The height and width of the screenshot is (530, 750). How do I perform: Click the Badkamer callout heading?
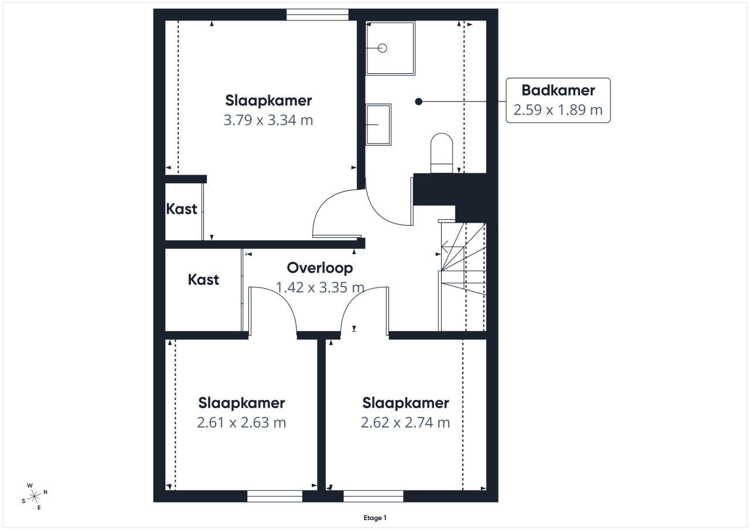[x=558, y=90]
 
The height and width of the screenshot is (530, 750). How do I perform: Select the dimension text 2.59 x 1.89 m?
[x=558, y=110]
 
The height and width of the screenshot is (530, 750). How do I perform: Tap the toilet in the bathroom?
[x=442, y=153]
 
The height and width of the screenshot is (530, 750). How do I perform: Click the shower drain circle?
[x=383, y=48]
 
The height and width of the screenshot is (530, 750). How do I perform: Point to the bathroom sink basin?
[x=379, y=125]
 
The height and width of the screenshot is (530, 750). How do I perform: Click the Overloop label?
[x=320, y=268]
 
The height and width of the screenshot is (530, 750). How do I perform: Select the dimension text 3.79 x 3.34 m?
[x=268, y=120]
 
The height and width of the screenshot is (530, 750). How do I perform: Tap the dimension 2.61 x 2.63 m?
[x=241, y=423]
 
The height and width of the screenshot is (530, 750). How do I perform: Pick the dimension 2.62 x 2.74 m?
[x=405, y=423]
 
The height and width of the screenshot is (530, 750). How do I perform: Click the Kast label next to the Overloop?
[x=203, y=280]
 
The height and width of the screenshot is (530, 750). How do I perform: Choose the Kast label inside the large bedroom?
[x=182, y=209]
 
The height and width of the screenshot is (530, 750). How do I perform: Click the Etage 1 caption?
[x=375, y=518]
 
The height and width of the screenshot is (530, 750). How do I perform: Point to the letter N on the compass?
[x=46, y=492]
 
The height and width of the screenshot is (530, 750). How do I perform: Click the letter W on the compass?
[x=30, y=485]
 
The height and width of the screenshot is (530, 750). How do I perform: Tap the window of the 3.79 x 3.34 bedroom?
[x=318, y=15]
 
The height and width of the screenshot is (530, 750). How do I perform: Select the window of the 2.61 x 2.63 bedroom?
[x=275, y=496]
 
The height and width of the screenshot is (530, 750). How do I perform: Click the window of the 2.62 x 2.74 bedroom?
[x=373, y=496]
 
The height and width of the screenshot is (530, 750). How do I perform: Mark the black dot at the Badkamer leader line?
[x=418, y=101]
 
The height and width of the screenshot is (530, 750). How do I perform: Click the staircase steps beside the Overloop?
[x=463, y=276]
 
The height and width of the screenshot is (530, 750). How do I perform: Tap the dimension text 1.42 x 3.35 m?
[x=320, y=288]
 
